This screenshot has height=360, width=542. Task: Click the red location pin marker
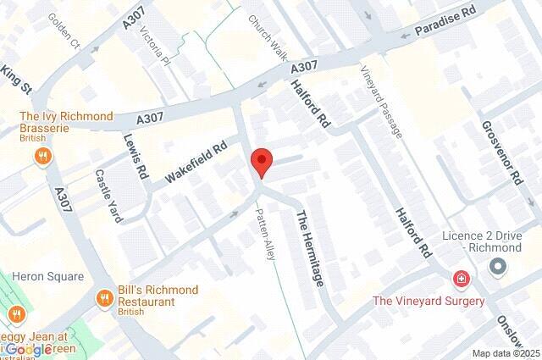(x=263, y=162)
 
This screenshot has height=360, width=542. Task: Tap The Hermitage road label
(x=308, y=247)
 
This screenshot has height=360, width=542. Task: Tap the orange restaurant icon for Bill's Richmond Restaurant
(x=105, y=297)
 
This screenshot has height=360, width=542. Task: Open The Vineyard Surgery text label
(x=429, y=301)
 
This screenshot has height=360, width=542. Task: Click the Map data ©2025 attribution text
(x=505, y=353)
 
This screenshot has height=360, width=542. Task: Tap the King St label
(x=15, y=75)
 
